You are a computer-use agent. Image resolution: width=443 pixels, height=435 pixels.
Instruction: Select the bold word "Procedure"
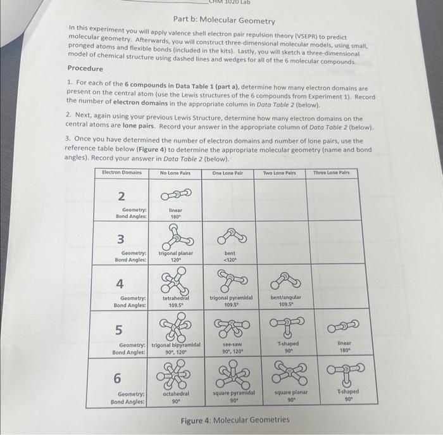[x=85, y=68]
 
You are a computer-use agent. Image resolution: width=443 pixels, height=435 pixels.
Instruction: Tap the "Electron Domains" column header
[x=122, y=172]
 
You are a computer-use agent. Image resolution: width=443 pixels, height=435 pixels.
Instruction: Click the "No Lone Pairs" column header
[x=175, y=173]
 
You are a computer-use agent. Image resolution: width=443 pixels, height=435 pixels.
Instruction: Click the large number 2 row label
[x=121, y=195]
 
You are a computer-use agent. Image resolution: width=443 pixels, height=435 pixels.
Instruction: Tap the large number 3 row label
[x=120, y=239]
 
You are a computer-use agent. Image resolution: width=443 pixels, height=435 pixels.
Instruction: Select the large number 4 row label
[x=119, y=283]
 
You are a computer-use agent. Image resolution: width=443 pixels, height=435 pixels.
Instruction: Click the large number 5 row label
[x=118, y=329]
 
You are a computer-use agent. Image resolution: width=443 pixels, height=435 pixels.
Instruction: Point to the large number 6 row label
[x=118, y=378]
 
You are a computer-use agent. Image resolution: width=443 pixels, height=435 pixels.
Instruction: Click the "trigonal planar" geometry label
[x=176, y=253]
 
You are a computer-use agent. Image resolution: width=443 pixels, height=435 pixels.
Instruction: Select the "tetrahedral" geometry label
[x=176, y=298]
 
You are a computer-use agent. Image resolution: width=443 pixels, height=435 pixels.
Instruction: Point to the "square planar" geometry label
[x=290, y=393]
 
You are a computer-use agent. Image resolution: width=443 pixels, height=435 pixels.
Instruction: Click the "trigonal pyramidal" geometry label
[x=231, y=298]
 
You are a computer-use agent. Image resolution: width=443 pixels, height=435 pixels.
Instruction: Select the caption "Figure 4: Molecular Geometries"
[x=235, y=420]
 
